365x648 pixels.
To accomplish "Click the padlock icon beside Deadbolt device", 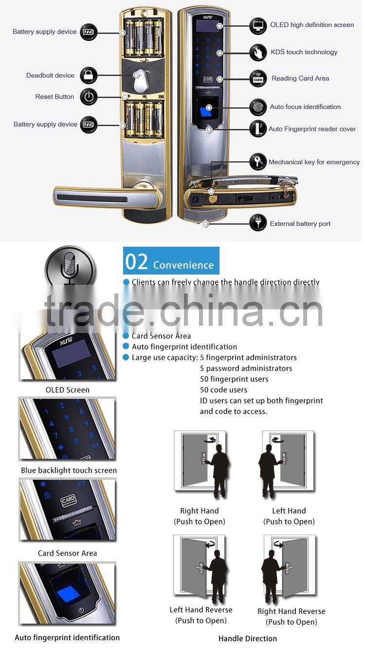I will pos(89,75).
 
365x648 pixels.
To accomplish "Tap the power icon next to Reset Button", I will pos(89,97).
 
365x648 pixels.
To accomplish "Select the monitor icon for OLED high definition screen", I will pos(258,25).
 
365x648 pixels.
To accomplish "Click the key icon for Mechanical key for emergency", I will pos(258,162).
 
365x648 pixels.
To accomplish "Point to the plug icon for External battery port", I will pos(258,223).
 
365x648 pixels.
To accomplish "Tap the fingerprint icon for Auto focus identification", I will pos(258,107).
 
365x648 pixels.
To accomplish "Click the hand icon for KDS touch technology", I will pos(258,52).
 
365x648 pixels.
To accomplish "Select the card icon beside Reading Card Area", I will pos(258,79).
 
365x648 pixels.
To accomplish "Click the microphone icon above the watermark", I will pos(70,267).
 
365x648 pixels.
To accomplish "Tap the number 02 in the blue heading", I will pos(137,262).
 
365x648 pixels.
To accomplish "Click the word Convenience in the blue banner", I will pos(183,265).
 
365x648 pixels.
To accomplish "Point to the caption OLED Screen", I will pos(68,390).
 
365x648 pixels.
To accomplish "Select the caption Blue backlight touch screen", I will pos(69,471).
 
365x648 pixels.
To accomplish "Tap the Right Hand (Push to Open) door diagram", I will pos(201,463).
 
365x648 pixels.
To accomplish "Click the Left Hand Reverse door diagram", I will pos(201,567).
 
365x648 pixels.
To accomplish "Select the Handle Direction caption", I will pos(247,638).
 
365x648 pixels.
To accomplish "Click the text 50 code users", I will pos(223,390).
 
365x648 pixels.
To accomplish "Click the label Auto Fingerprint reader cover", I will pos(312,129).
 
